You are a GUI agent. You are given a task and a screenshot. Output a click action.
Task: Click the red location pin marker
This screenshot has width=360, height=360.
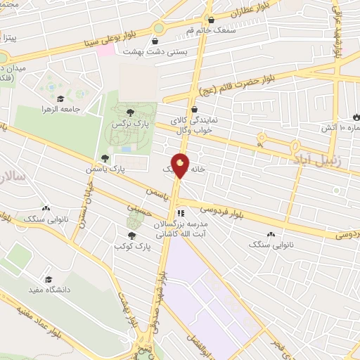click(181, 166)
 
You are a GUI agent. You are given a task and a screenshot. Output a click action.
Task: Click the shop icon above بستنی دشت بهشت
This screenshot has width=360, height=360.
click(155, 41)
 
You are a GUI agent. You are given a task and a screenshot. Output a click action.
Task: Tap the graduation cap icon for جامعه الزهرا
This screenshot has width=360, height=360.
click(60, 99)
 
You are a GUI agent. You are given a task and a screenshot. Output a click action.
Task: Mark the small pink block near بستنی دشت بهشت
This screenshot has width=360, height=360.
click(105, 50)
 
